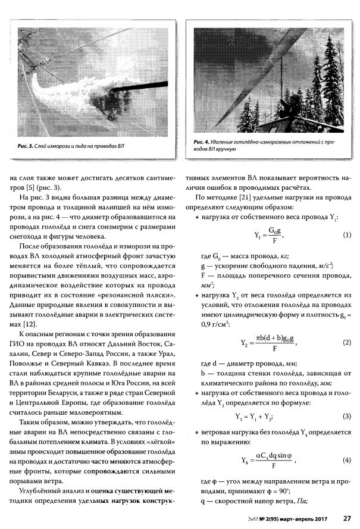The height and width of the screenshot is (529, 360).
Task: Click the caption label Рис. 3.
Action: [23, 145]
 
